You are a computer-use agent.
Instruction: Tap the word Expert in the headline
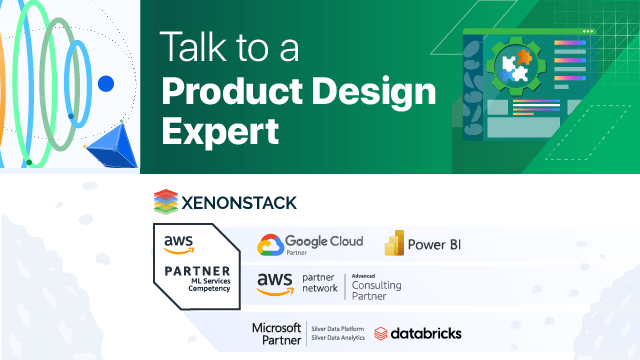219,131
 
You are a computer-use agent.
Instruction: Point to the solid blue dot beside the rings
106,84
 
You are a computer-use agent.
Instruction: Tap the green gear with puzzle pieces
519,64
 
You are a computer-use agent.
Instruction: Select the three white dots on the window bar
588,32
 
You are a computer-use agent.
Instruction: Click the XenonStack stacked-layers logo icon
166,201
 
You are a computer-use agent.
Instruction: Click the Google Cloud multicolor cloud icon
270,245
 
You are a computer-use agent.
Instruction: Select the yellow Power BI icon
394,244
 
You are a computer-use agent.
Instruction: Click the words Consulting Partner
376,291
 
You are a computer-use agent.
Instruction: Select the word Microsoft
275,327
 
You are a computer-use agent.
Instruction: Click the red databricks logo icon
381,334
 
